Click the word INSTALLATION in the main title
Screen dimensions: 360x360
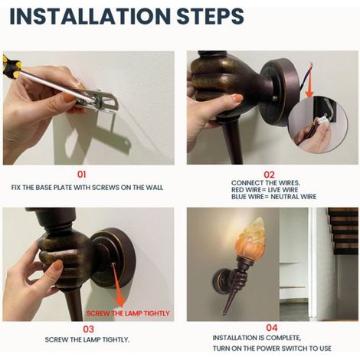[x=90, y=16]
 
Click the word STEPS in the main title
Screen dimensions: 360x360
[x=210, y=16]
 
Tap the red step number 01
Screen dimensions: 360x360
[x=81, y=175]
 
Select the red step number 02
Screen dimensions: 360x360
[x=269, y=175]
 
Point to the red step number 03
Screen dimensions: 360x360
[x=88, y=329]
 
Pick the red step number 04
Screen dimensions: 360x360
[x=272, y=327]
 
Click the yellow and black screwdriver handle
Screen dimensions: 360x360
[x=10, y=67]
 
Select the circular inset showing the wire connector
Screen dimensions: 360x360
[x=318, y=125]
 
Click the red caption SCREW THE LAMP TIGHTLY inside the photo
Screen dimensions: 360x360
[x=128, y=313]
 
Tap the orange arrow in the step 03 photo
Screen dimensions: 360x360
[x=118, y=285]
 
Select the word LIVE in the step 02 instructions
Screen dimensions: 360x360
[x=274, y=190]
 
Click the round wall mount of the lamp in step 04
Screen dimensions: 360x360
[x=220, y=281]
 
